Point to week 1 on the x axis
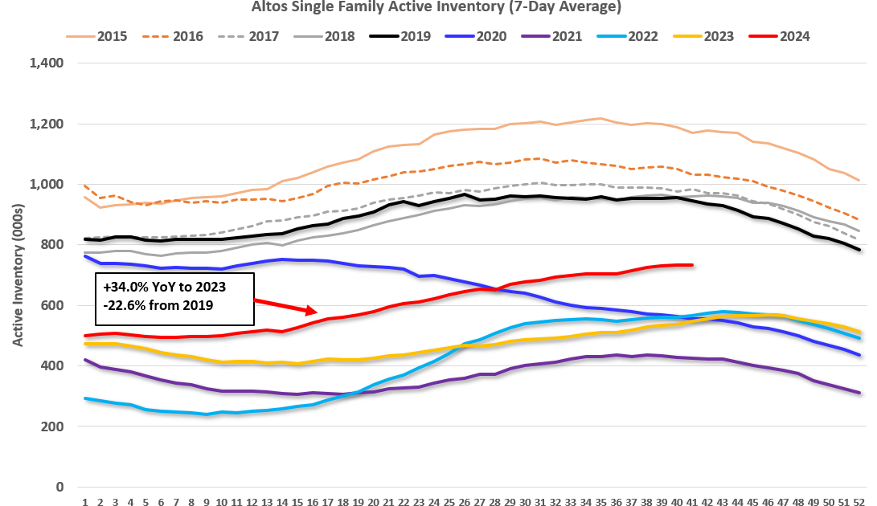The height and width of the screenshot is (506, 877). point(85,500)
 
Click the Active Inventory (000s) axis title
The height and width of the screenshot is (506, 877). point(17,275)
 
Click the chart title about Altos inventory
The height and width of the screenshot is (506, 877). point(437,7)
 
